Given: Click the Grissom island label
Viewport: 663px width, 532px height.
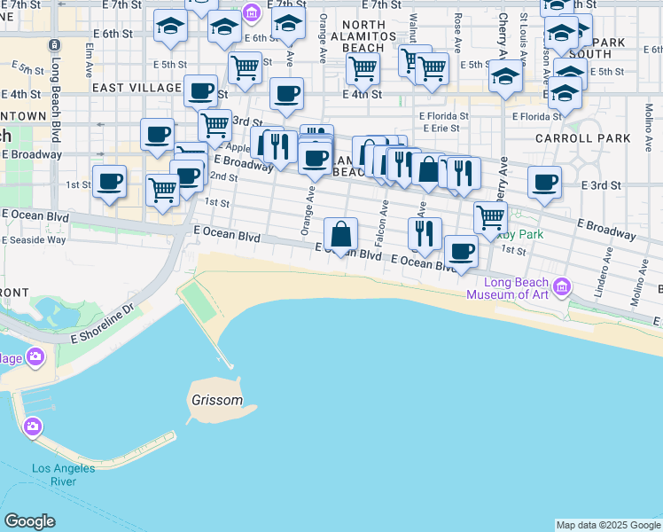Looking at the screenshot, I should [x=216, y=400].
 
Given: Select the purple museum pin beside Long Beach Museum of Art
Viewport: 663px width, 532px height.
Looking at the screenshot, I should [x=561, y=287].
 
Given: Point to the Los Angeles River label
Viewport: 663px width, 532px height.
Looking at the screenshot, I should [x=64, y=474].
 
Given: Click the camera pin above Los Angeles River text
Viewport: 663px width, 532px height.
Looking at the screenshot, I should [x=34, y=427].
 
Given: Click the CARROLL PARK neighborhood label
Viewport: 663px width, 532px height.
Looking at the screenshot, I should [x=582, y=138].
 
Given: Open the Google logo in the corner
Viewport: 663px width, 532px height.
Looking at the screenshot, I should [x=29, y=521].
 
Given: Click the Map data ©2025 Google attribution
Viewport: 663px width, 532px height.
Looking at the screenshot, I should [x=608, y=525].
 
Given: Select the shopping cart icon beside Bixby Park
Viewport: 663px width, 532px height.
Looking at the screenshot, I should [x=489, y=216].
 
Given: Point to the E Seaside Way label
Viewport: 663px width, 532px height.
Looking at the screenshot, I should [x=33, y=239].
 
